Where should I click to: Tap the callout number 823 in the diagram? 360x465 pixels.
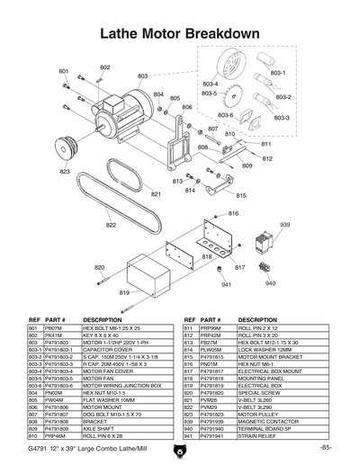pos(65,171)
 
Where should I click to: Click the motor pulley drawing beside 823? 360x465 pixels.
pos(66,144)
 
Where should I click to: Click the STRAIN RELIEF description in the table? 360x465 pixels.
pos(260,435)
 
